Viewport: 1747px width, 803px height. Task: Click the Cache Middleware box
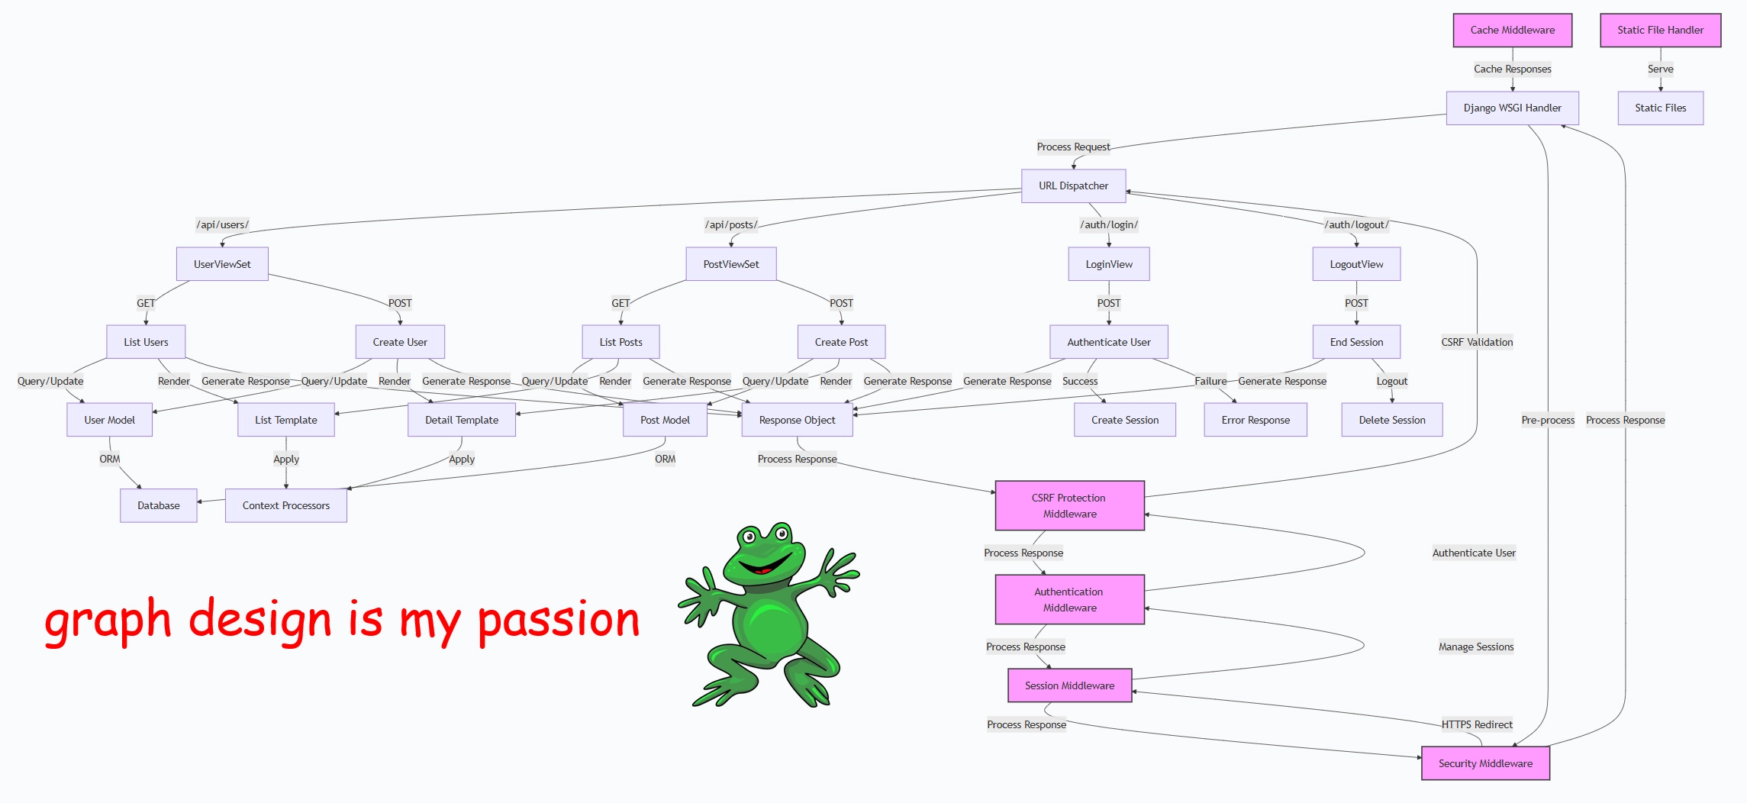(1512, 31)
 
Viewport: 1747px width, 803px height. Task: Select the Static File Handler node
(1660, 31)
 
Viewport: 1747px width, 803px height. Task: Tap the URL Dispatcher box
(1073, 186)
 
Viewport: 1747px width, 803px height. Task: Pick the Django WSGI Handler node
(1512, 108)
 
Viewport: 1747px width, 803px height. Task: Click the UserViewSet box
(222, 264)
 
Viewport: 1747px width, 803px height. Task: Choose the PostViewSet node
(731, 264)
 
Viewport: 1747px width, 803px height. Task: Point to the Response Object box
(797, 421)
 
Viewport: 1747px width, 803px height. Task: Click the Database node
(159, 506)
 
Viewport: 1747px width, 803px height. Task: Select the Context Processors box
(286, 506)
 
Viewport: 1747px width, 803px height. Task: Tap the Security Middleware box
(1485, 763)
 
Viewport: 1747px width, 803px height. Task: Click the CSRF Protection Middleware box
(1069, 506)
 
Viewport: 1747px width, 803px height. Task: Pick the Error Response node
(1255, 421)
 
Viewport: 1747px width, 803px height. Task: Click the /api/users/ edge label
(223, 225)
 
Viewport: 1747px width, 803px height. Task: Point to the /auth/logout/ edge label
(1356, 225)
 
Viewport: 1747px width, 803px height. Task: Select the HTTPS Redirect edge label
(1477, 725)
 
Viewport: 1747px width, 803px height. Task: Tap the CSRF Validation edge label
(1477, 343)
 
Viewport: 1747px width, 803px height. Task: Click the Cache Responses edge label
(1512, 69)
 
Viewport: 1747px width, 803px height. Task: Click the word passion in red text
(559, 620)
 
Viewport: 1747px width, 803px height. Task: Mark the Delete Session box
(1392, 421)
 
